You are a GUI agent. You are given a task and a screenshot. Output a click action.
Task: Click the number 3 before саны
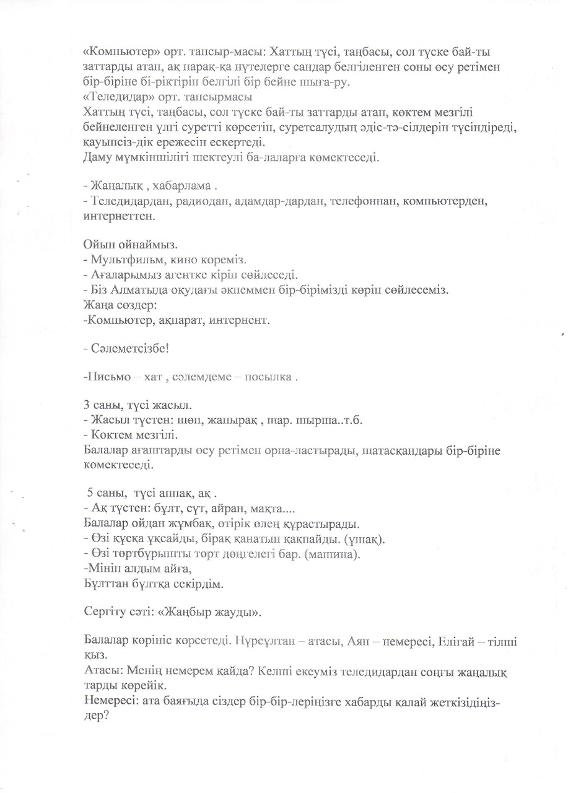point(86,406)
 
